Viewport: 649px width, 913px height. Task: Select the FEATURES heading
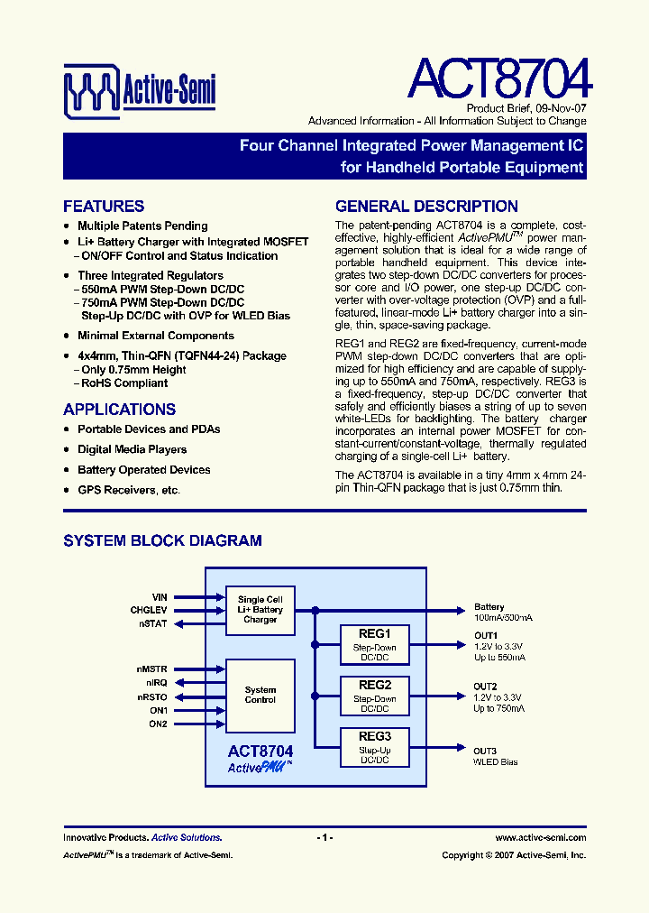(x=104, y=207)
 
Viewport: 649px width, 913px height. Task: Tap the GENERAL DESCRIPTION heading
(x=426, y=207)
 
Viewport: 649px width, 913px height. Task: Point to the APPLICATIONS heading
(x=119, y=410)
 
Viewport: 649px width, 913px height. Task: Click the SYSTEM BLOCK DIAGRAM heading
(x=162, y=541)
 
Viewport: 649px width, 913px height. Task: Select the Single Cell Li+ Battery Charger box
(x=261, y=609)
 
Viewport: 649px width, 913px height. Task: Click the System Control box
(x=261, y=695)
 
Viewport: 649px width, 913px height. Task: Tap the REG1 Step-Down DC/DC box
(x=374, y=644)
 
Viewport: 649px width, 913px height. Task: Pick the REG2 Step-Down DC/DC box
(x=374, y=696)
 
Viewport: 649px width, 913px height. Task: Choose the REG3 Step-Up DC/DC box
(x=374, y=747)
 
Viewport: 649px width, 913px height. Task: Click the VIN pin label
(x=160, y=597)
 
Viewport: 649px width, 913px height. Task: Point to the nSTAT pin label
(x=153, y=623)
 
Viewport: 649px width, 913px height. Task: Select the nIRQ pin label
(x=156, y=683)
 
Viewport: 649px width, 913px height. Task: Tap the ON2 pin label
(x=158, y=724)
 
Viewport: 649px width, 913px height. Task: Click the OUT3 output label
(x=485, y=751)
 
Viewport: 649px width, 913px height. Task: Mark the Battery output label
(x=489, y=607)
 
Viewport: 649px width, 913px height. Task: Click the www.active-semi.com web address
(x=541, y=838)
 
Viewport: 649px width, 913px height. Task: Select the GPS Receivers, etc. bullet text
(x=129, y=490)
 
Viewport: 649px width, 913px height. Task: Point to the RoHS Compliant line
(x=124, y=383)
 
